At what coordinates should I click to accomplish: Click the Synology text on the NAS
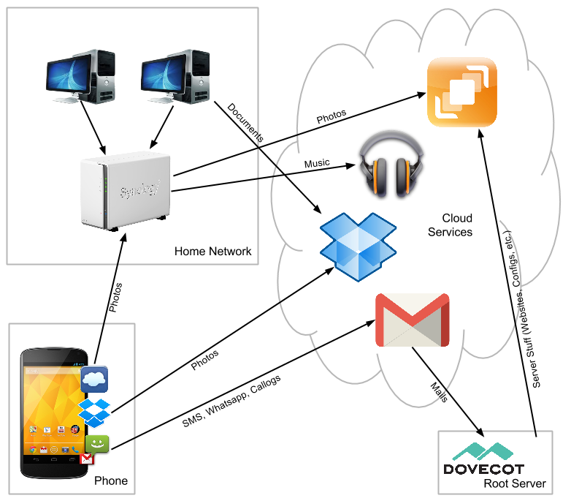click(140, 190)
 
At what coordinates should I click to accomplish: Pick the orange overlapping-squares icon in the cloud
click(461, 92)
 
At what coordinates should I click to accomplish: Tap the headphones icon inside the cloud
click(391, 164)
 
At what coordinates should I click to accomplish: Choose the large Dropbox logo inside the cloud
click(358, 246)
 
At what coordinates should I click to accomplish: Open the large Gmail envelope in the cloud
click(412, 320)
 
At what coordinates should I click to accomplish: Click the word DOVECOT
click(483, 469)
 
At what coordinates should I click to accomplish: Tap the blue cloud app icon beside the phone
click(95, 379)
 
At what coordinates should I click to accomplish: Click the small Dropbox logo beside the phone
click(95, 412)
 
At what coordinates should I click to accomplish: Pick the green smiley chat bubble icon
click(97, 443)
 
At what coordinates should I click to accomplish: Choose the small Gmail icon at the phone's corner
click(87, 459)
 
